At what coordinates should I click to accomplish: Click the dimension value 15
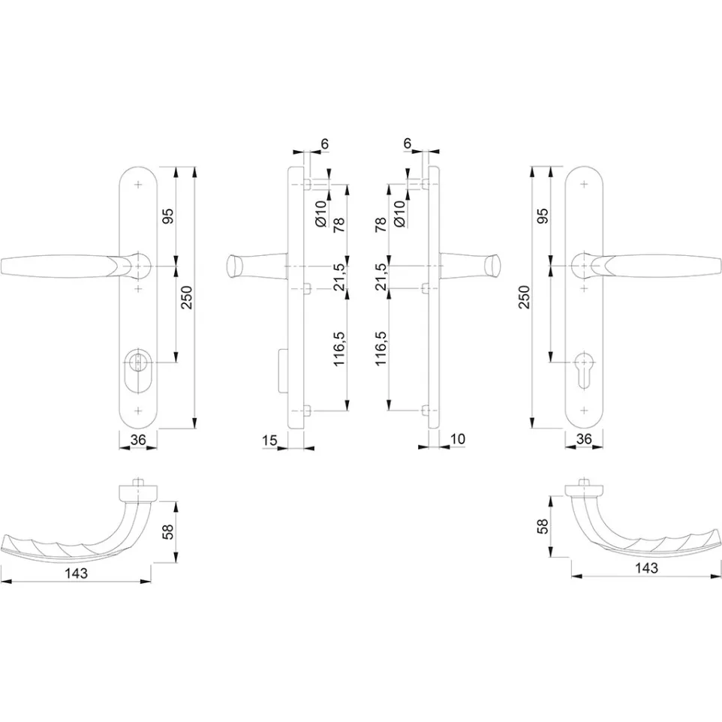(x=270, y=441)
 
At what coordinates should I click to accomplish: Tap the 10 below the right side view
(x=458, y=439)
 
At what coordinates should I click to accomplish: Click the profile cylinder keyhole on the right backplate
(x=584, y=372)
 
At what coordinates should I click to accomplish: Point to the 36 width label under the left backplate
(x=138, y=440)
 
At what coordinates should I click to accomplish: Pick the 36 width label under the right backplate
(x=584, y=438)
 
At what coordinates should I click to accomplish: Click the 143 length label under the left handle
(x=76, y=573)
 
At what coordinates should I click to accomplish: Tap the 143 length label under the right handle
(x=646, y=568)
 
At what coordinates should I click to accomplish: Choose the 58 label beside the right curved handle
(x=543, y=526)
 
